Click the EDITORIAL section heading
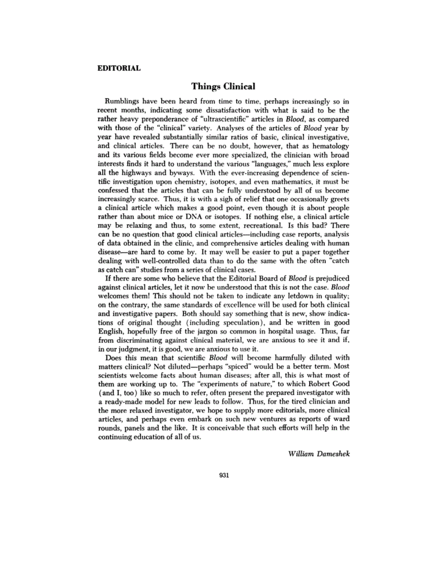click(118, 68)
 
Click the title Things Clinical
click(222, 86)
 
